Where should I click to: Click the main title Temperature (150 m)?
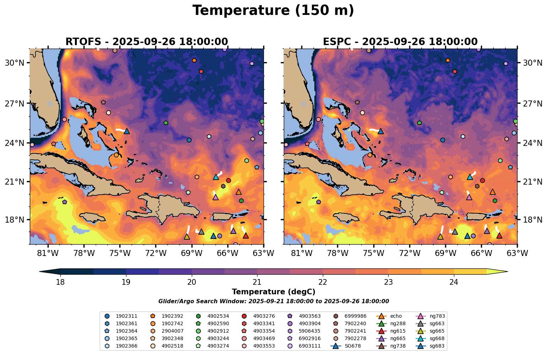pyautogui.click(x=273, y=11)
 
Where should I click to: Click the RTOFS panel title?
pyautogui.click(x=146, y=42)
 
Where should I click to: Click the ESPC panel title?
pyautogui.click(x=400, y=42)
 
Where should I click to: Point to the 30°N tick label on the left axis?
pyautogui.click(x=14, y=63)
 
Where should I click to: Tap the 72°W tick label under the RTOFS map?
pyautogui.click(x=156, y=253)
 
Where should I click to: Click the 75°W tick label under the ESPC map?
pyautogui.click(x=374, y=253)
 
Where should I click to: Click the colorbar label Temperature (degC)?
pyautogui.click(x=273, y=292)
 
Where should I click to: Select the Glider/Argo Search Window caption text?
pyautogui.click(x=273, y=301)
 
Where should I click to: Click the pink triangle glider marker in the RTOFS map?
pyautogui.click(x=215, y=197)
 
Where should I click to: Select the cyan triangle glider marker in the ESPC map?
pyautogui.click(x=470, y=177)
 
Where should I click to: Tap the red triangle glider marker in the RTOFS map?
pyautogui.click(x=245, y=235)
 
